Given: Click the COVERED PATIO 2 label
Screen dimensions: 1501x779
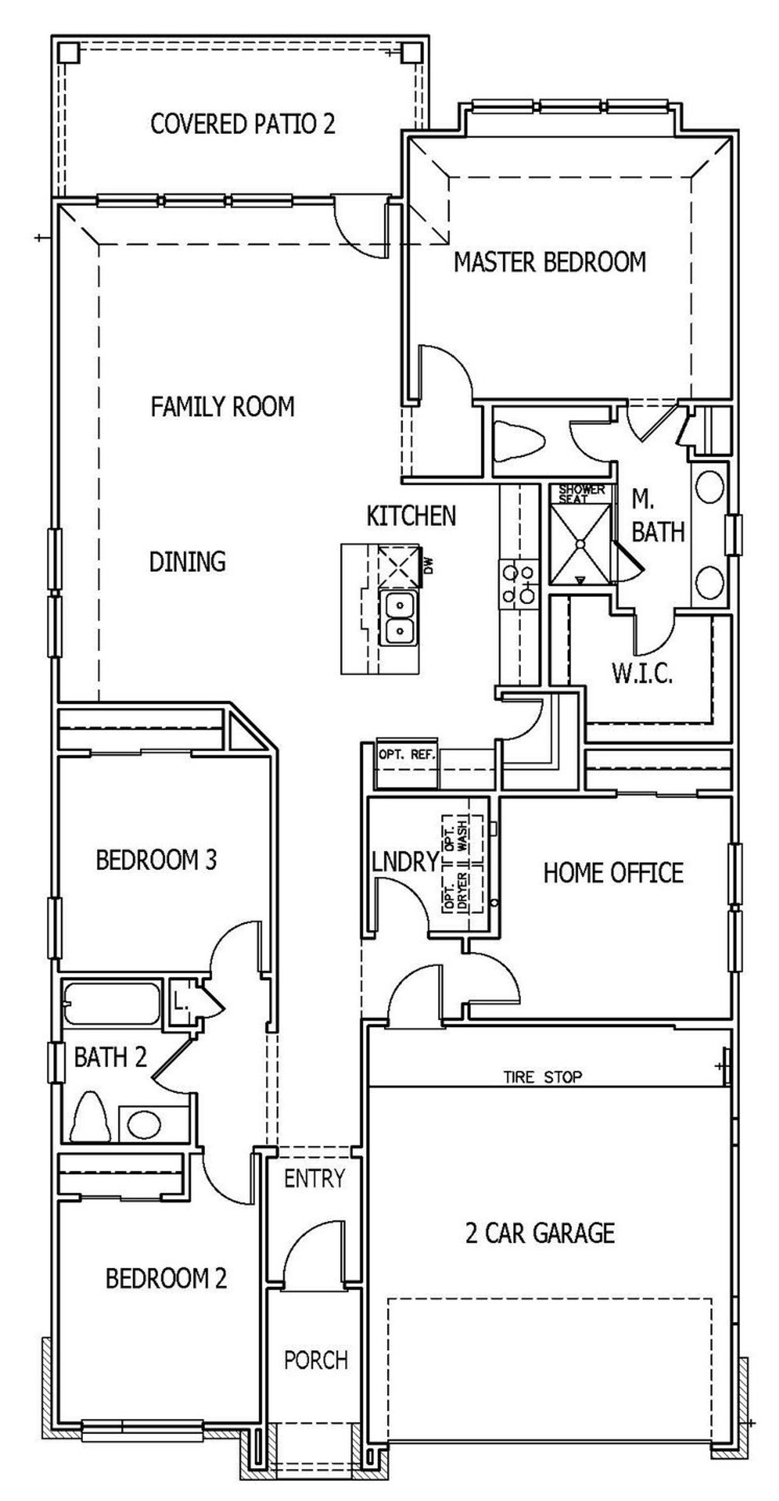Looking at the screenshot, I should click(x=242, y=124).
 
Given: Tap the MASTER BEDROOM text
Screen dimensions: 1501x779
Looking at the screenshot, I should click(x=550, y=262).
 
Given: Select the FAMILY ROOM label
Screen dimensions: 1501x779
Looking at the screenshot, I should click(x=222, y=406).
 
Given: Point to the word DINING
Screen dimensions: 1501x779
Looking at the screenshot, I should click(x=187, y=562).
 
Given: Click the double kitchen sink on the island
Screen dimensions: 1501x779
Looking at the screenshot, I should click(x=399, y=618).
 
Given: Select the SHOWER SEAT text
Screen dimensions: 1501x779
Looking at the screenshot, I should click(x=581, y=494).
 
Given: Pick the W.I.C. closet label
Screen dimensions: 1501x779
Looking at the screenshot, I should click(x=641, y=674).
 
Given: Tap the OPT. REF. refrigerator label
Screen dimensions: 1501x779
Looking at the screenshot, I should click(x=407, y=755).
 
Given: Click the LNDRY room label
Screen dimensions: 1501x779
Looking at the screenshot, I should click(x=405, y=862).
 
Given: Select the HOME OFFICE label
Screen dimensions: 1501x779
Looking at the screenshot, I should click(x=613, y=872).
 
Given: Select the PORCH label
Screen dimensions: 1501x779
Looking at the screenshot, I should click(x=315, y=1360).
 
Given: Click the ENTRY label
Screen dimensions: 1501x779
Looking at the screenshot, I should click(x=314, y=1179).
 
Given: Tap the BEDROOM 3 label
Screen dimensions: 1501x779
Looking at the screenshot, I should click(x=156, y=860).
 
